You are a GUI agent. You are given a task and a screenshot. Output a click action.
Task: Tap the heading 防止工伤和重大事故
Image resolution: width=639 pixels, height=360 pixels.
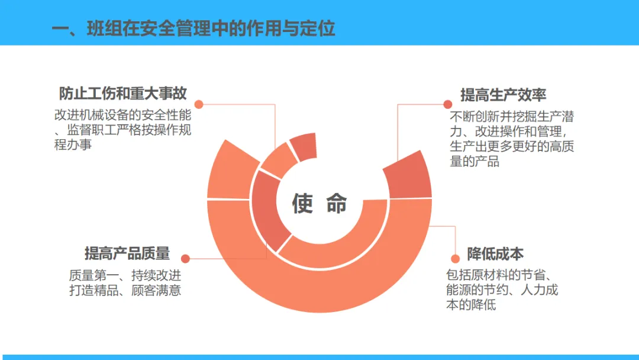122,94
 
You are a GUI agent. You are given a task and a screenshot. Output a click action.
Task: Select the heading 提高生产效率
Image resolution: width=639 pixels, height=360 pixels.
504,95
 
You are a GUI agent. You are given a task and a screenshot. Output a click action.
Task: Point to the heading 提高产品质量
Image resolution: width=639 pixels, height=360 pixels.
127,254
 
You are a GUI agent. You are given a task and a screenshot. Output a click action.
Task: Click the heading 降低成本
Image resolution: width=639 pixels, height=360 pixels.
495,254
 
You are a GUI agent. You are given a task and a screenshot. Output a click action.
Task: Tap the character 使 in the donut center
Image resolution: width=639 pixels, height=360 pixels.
302,203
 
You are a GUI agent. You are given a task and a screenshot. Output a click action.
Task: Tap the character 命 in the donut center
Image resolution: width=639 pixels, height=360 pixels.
337,203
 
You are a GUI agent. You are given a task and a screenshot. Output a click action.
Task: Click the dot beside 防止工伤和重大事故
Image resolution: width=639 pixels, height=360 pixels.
199,104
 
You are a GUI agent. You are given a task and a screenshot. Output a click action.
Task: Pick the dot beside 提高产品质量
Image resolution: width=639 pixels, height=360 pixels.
185,259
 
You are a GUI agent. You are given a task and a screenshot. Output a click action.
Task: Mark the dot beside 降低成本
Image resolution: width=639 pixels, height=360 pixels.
454,258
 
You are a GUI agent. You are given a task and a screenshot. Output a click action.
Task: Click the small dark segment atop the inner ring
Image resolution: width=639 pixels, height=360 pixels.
304,146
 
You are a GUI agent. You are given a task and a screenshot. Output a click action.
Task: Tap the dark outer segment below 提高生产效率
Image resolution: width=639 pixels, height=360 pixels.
408,176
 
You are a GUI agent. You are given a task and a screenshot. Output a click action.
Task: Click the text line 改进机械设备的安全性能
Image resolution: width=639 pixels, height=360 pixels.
122,115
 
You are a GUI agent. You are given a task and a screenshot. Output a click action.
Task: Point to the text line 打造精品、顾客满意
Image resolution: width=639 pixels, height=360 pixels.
125,290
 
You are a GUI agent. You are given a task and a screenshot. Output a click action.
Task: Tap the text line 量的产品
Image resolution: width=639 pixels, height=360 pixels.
475,161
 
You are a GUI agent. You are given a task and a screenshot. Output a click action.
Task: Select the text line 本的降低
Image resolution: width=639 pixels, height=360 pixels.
471,305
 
